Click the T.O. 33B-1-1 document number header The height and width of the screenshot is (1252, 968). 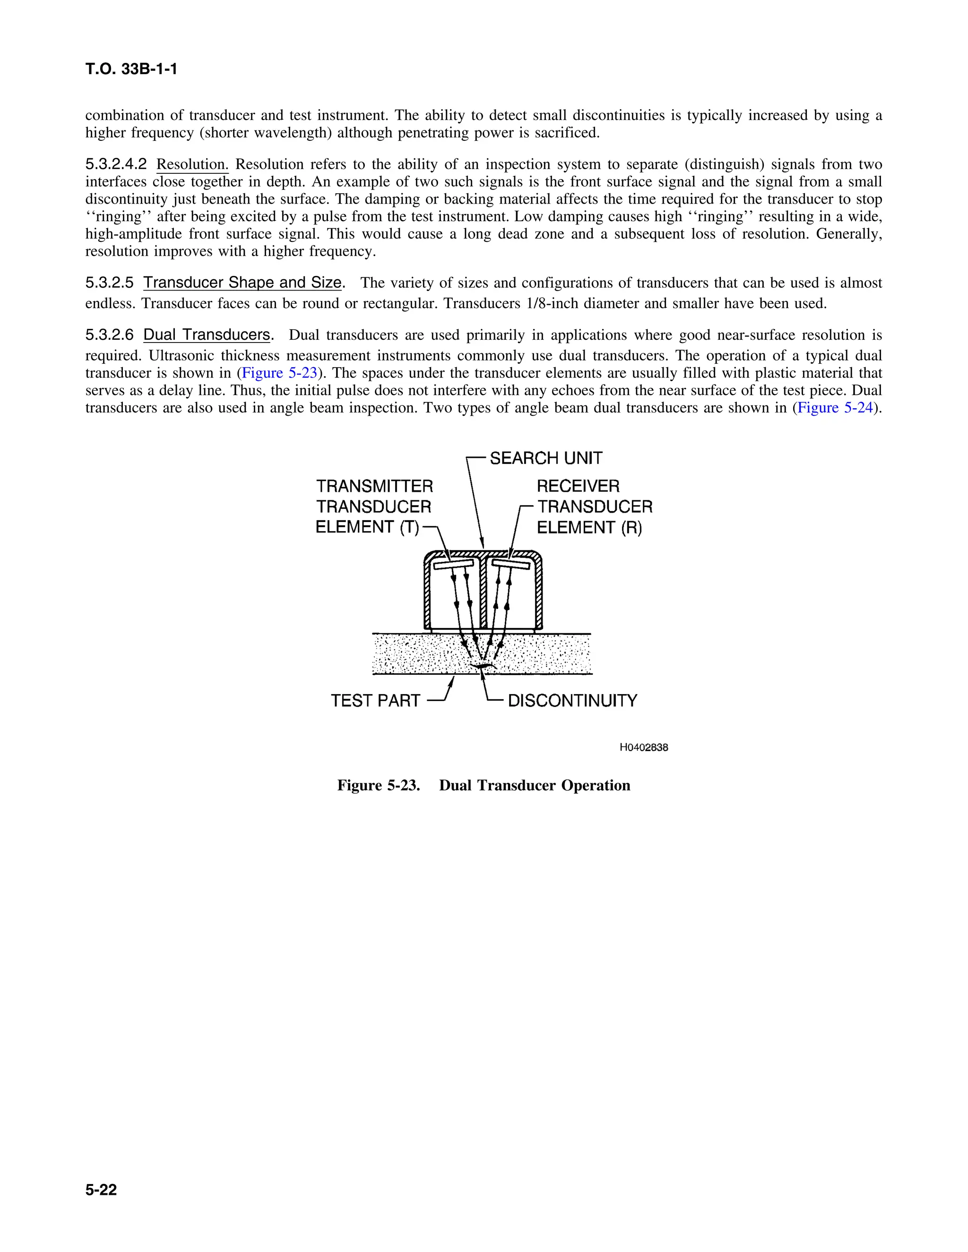[131, 69]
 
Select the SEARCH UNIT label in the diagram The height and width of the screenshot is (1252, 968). [545, 458]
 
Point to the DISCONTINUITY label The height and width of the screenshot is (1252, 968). [572, 701]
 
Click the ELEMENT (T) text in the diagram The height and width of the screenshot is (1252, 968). [367, 527]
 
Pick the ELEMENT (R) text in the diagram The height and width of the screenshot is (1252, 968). [589, 527]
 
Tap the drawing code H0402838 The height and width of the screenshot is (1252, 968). [643, 747]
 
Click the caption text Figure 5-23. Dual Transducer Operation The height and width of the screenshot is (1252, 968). [484, 785]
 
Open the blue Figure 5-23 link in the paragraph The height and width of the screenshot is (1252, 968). [279, 373]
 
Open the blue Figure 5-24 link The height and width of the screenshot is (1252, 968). [835, 408]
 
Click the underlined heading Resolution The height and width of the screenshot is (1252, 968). [192, 164]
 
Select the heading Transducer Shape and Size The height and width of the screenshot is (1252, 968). [242, 283]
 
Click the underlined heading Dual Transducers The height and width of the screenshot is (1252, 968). [207, 335]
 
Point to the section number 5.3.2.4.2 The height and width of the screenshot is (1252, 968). [116, 164]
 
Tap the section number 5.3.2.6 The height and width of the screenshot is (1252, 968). [110, 335]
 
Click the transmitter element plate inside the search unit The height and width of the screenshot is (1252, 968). [453, 565]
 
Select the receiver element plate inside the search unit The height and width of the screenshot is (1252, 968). [510, 565]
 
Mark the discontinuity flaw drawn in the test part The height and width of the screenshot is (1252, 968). [483, 666]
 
